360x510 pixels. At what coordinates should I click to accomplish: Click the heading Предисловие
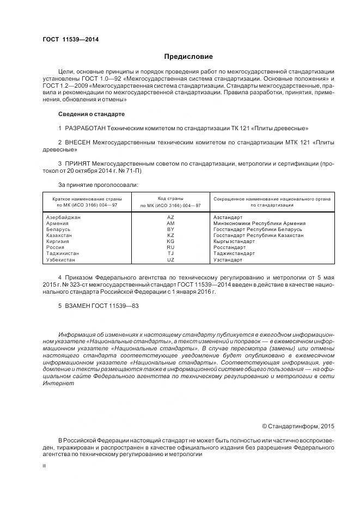pyautogui.click(x=188, y=57)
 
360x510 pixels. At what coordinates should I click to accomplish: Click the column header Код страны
pyautogui.click(x=170, y=199)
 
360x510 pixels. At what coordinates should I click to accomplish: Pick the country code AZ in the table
pyautogui.click(x=170, y=217)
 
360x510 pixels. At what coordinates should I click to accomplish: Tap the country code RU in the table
pyautogui.click(x=170, y=247)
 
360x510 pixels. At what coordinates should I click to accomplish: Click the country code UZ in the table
pyautogui.click(x=170, y=260)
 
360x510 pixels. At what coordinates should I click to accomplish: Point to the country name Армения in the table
pyautogui.click(x=58, y=223)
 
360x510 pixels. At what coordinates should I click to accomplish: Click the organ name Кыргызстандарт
pyautogui.click(x=234, y=241)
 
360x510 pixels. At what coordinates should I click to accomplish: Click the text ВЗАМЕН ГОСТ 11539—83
pyautogui.click(x=98, y=306)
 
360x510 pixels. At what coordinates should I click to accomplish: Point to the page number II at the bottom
pyautogui.click(x=44, y=466)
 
